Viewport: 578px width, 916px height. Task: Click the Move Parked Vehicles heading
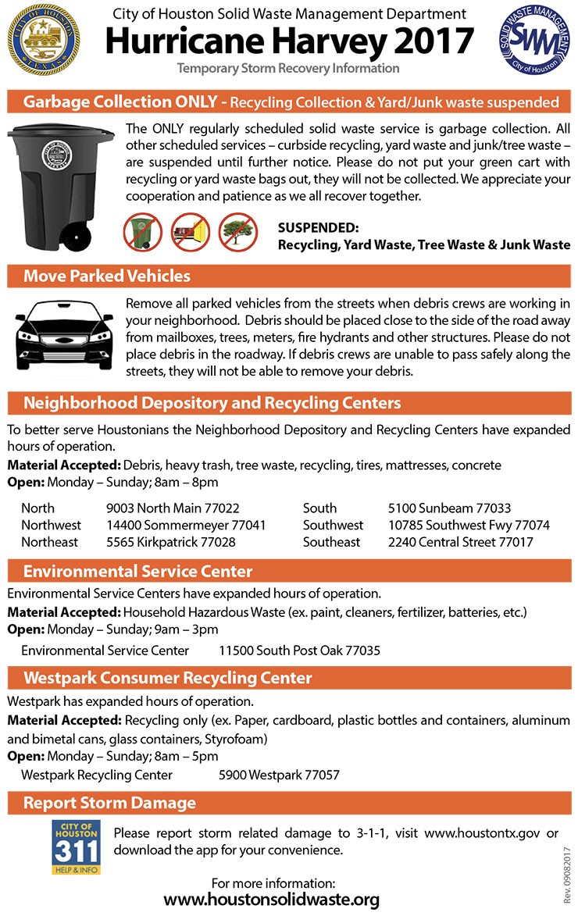(107, 276)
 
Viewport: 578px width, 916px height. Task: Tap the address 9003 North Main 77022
(173, 508)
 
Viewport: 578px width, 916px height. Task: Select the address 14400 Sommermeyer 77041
(186, 526)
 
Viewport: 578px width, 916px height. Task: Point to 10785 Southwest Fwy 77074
(469, 526)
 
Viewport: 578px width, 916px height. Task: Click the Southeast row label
(331, 542)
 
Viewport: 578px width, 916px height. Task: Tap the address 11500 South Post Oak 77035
(299, 650)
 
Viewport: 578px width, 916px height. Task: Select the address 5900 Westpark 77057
(279, 775)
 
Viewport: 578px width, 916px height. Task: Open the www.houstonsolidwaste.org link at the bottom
(272, 899)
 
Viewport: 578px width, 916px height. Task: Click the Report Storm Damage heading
(109, 803)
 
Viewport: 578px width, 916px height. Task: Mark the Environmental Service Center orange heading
(137, 571)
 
